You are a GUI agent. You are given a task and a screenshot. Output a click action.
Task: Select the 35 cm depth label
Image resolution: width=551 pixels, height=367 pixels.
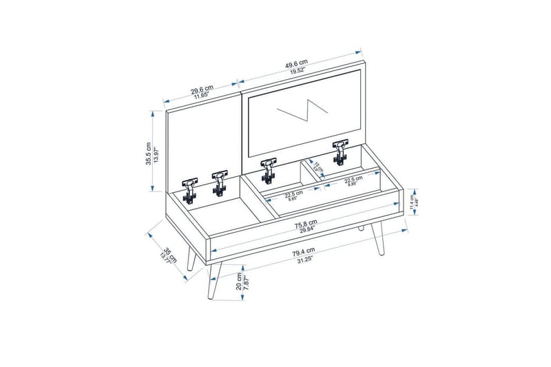[167, 252]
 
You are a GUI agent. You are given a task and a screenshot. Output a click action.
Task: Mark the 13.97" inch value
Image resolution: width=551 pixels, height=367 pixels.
[155, 154]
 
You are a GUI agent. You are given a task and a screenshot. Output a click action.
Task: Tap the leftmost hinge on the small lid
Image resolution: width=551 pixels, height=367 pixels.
[189, 188]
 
